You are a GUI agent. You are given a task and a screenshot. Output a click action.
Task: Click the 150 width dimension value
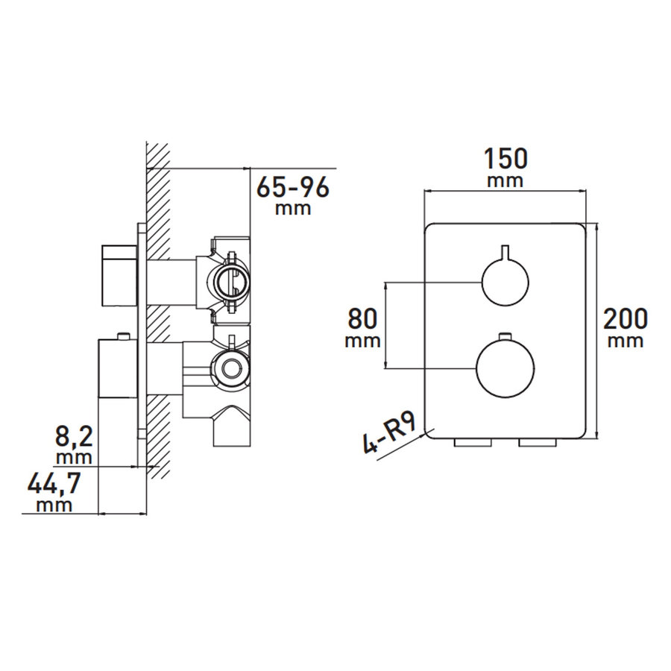coord(505,160)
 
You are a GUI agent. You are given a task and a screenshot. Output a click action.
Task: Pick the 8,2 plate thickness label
coord(74,435)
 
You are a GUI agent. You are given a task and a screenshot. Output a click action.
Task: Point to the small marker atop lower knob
coord(505,335)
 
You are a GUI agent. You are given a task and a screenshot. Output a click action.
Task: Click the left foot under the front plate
coord(473,444)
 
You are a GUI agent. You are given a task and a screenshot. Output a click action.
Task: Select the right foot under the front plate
coord(537,444)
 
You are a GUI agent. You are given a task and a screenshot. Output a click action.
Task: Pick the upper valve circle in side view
coord(231,281)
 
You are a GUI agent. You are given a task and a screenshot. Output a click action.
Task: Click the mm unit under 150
coord(505,181)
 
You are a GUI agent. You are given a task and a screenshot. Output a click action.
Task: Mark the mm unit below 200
coord(625,341)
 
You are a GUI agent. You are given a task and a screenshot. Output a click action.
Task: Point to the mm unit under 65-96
coord(292,209)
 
